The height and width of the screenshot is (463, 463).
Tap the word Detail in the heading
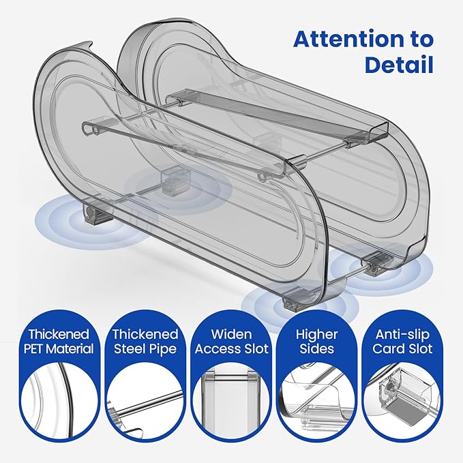pos(399,65)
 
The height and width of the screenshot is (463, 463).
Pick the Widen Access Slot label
pos(231,342)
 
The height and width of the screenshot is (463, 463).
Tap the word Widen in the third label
pos(231,334)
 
